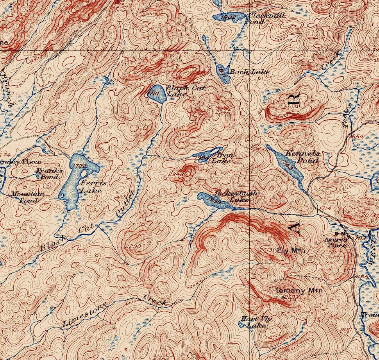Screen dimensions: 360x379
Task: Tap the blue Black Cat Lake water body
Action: click(x=156, y=94)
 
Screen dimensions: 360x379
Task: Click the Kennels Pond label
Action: click(x=303, y=157)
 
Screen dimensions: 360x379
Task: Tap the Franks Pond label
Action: click(x=49, y=173)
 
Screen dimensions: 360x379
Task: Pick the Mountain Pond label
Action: click(x=27, y=197)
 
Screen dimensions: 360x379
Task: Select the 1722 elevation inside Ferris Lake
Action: click(x=80, y=167)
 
